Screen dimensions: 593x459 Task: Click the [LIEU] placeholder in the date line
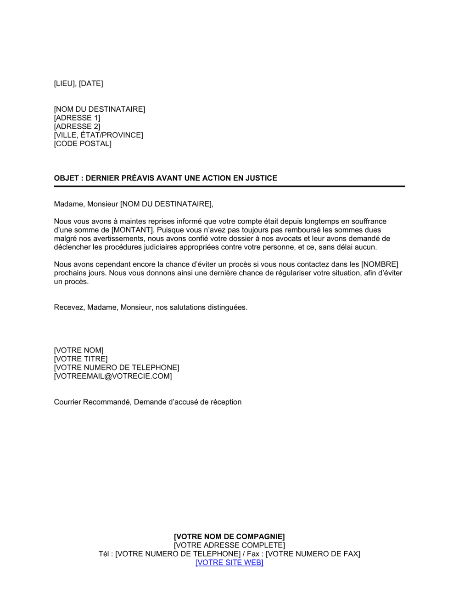(65, 84)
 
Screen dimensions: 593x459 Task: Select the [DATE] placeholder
(91, 84)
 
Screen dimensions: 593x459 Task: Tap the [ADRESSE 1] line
(77, 118)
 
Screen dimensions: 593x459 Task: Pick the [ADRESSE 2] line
(77, 126)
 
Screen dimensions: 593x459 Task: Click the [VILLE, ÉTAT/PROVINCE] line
(98, 135)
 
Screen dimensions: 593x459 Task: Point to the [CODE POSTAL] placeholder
(83, 144)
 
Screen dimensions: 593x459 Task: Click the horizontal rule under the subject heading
(229, 186)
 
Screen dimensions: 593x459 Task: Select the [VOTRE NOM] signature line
(78, 351)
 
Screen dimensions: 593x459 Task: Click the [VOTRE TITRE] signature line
(81, 359)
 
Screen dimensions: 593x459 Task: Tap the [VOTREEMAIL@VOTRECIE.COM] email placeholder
(113, 376)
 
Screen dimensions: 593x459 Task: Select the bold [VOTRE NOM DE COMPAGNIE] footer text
(229, 537)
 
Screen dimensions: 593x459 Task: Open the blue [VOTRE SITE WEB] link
(229, 563)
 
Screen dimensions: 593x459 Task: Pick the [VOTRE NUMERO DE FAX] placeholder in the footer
(313, 554)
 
